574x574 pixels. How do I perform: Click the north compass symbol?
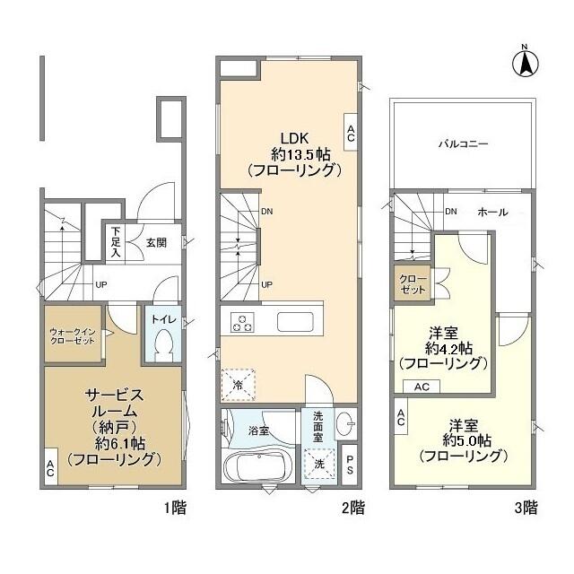point(526,62)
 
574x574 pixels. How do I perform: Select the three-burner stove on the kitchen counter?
point(242,323)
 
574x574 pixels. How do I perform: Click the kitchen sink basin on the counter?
point(295,322)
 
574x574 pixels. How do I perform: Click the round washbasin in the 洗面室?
point(344,423)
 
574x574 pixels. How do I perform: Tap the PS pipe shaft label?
point(350,464)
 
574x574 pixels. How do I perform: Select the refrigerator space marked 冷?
point(238,385)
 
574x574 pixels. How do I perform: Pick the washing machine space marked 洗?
point(319,464)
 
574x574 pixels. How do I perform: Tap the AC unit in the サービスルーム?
point(50,467)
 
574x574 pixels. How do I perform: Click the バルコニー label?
point(463,143)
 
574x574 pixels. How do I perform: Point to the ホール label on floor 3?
point(492,212)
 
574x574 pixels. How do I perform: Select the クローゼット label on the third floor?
point(413,284)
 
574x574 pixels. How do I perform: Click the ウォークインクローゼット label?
point(73,336)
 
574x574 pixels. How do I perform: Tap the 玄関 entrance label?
point(156,242)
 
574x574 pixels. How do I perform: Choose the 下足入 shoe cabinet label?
point(116,241)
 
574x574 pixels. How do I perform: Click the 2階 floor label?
point(353,508)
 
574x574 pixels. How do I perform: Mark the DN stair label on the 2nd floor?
point(267,212)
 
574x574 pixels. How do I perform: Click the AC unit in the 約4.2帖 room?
point(422,387)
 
